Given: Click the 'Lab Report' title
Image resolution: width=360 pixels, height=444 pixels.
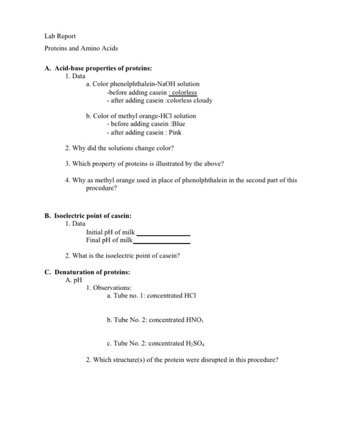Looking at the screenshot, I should pos(60,37).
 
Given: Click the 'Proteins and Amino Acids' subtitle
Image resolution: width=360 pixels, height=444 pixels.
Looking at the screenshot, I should pos(81,48).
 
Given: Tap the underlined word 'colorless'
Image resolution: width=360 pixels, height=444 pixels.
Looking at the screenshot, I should pos(182,93).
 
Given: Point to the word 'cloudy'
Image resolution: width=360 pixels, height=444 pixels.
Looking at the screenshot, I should pos(202,101).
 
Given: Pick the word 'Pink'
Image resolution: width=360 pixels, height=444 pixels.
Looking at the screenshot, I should pos(174,133).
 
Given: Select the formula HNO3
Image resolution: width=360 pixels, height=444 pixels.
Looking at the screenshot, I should pos(192,320).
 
